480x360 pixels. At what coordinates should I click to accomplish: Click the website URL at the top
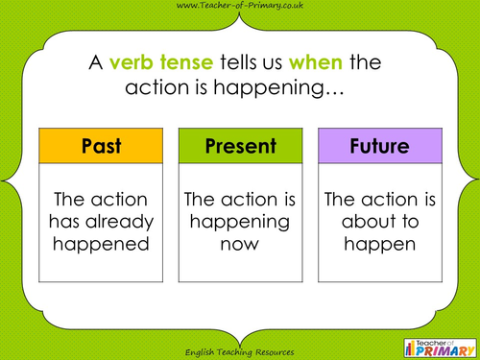240,8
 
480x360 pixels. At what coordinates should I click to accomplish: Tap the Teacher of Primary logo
440,341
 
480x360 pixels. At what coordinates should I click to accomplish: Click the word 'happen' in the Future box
378,244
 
